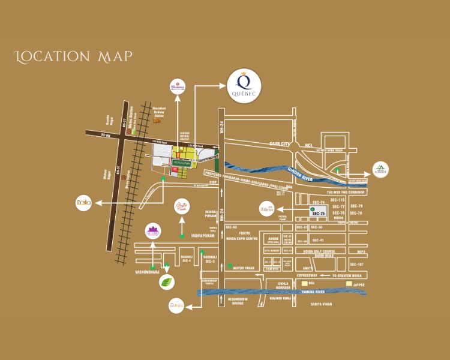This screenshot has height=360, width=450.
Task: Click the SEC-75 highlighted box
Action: click(x=318, y=212)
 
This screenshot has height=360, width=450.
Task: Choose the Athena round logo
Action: click(x=268, y=209)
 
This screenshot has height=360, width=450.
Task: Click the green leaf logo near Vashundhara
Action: click(x=171, y=282)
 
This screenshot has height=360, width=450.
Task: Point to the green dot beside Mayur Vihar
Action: click(x=230, y=265)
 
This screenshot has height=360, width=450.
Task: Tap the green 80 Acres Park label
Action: click(x=181, y=162)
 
